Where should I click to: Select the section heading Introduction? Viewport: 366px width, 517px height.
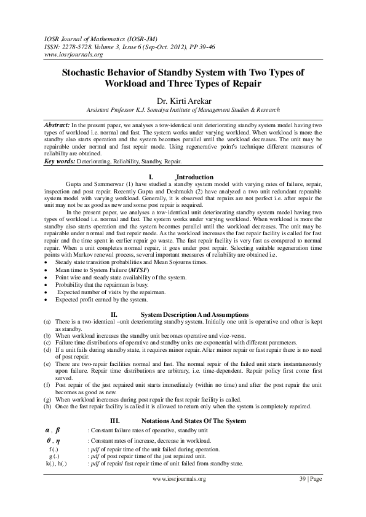coord(194,177)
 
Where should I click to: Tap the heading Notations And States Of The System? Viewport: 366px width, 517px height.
coord(193,421)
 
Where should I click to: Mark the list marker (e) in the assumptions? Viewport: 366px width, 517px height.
coord(47,365)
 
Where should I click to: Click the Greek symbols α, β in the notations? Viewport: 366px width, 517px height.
coord(54,430)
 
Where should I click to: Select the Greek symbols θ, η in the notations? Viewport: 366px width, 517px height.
coord(54,440)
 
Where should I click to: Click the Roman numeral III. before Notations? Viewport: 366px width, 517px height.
coord(114,421)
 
